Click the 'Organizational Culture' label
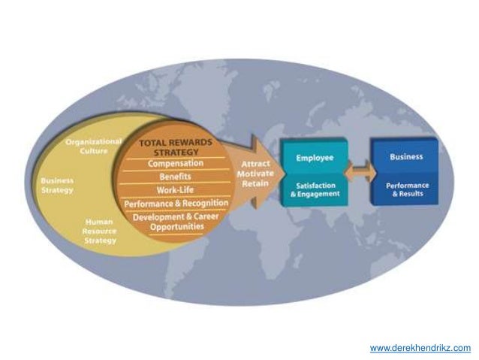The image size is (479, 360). [x=94, y=145]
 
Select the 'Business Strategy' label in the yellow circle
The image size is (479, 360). [x=57, y=185]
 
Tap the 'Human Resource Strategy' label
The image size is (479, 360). [x=99, y=231]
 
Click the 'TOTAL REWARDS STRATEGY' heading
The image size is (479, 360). [x=176, y=147]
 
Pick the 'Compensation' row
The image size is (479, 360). [x=176, y=163]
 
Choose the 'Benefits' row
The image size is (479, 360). [x=174, y=177]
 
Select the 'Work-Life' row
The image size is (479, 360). [x=174, y=189]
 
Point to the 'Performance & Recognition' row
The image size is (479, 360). [x=174, y=203]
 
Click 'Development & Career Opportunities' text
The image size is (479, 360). [x=174, y=221]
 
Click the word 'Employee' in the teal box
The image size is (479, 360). [x=316, y=159]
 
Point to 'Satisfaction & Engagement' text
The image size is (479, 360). [x=316, y=189]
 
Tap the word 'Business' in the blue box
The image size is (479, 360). [x=405, y=157]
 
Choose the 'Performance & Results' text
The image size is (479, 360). [x=405, y=189]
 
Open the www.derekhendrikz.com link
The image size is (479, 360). [x=420, y=348]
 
